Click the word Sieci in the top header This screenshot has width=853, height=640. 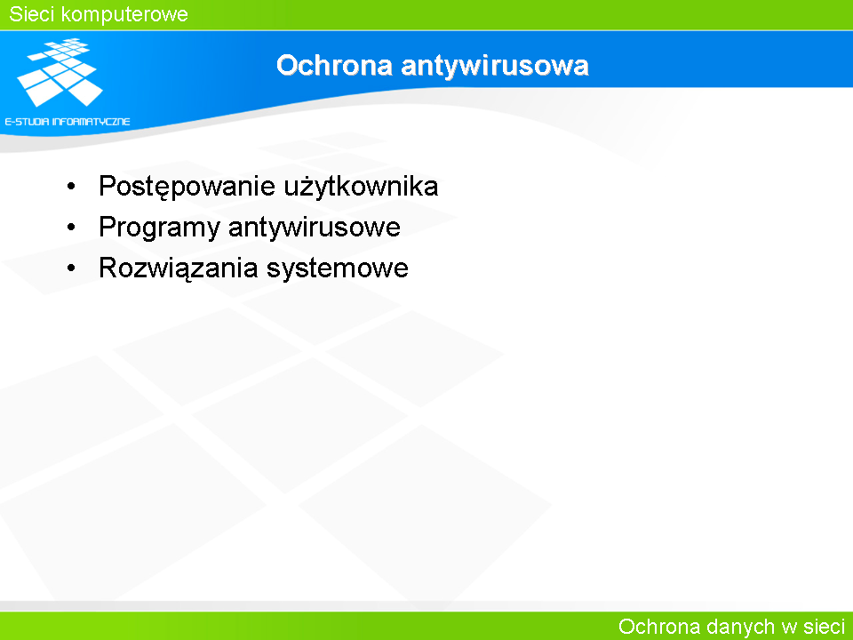[32, 14]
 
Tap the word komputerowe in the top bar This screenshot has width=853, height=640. [124, 15]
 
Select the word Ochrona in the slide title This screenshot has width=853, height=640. [335, 65]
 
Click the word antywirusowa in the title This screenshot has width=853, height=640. [495, 66]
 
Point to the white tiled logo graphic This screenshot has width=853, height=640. [60, 72]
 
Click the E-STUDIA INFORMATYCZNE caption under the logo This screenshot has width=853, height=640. [68, 122]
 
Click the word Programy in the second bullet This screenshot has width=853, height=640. [159, 228]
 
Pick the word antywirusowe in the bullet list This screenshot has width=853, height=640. [315, 228]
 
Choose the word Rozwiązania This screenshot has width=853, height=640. [179, 268]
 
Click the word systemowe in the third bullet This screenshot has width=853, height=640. [338, 268]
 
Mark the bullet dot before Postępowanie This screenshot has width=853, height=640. [71, 187]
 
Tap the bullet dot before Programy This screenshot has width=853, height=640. [71, 228]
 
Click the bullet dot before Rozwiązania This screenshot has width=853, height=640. [71, 268]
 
